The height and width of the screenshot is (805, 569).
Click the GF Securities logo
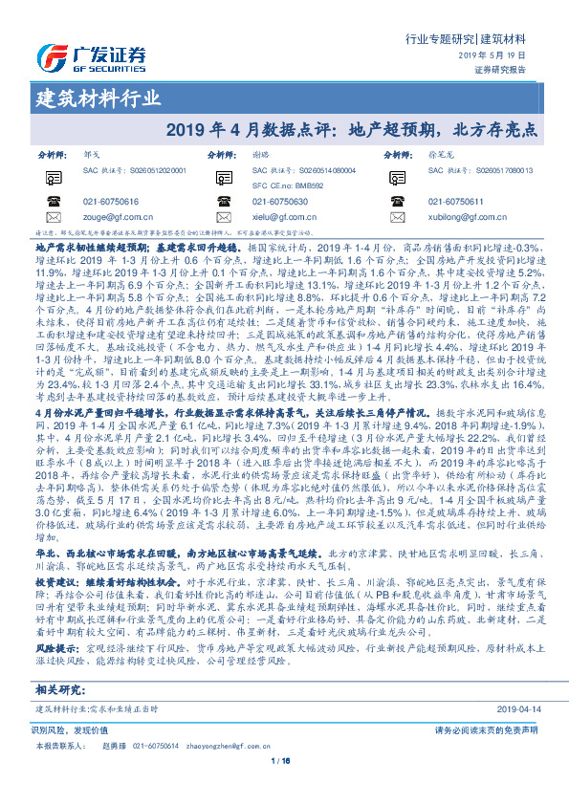coord(80,55)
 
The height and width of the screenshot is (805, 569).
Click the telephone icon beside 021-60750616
coord(50,202)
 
